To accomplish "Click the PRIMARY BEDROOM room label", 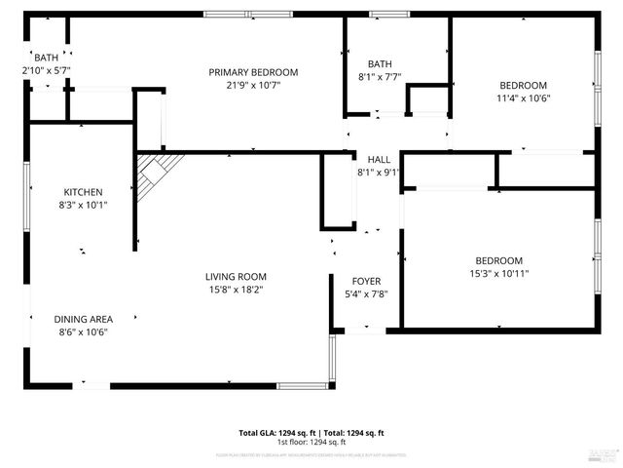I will click(253, 72).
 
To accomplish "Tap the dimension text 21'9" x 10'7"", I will click(253, 86).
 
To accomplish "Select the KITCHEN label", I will click(84, 192).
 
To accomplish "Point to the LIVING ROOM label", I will click(236, 276).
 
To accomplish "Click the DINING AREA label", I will click(84, 319).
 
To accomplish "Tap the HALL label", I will click(379, 159).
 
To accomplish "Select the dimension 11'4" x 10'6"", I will click(524, 98).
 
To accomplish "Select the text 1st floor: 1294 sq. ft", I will click(311, 442).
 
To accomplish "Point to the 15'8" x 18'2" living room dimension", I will click(236, 289).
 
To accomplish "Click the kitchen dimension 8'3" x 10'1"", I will click(84, 206).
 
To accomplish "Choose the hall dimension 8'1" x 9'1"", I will click(379, 173).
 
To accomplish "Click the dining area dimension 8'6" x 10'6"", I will click(84, 332).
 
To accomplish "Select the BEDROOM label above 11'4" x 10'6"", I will click(524, 85).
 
